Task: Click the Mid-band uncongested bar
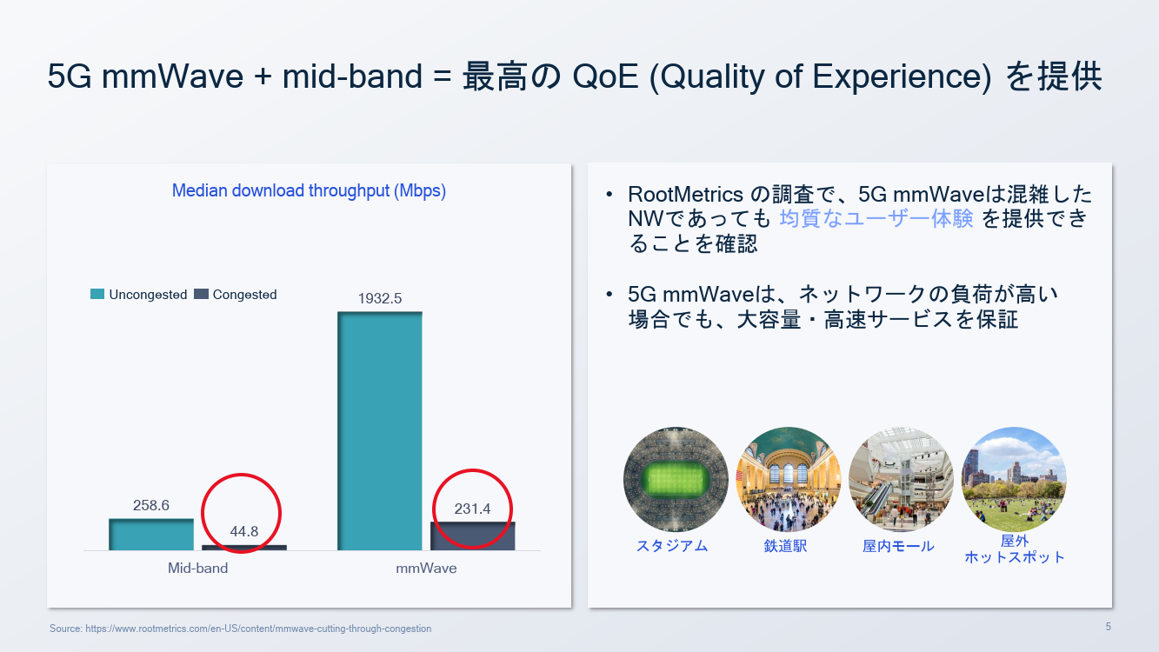pyautogui.click(x=151, y=535)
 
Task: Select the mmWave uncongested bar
pyautogui.click(x=380, y=431)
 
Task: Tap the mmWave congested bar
pyautogui.click(x=472, y=536)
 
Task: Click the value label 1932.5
pyautogui.click(x=380, y=298)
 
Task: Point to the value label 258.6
pyautogui.click(x=151, y=505)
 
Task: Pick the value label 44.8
pyautogui.click(x=244, y=531)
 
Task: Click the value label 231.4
pyautogui.click(x=472, y=509)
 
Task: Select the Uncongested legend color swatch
pyautogui.click(x=97, y=294)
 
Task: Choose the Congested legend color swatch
pyautogui.click(x=201, y=294)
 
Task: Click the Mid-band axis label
pyautogui.click(x=197, y=569)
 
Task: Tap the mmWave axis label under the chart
pyautogui.click(x=426, y=569)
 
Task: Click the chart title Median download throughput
pyautogui.click(x=309, y=191)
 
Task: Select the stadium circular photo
pyautogui.click(x=676, y=479)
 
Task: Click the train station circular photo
pyautogui.click(x=789, y=479)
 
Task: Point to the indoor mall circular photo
pyautogui.click(x=902, y=479)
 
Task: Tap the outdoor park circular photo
pyautogui.click(x=1014, y=479)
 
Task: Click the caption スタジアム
pyautogui.click(x=672, y=546)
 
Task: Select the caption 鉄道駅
pyautogui.click(x=785, y=546)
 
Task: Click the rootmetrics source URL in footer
pyautogui.click(x=258, y=629)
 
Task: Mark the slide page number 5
pyautogui.click(x=1109, y=627)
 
